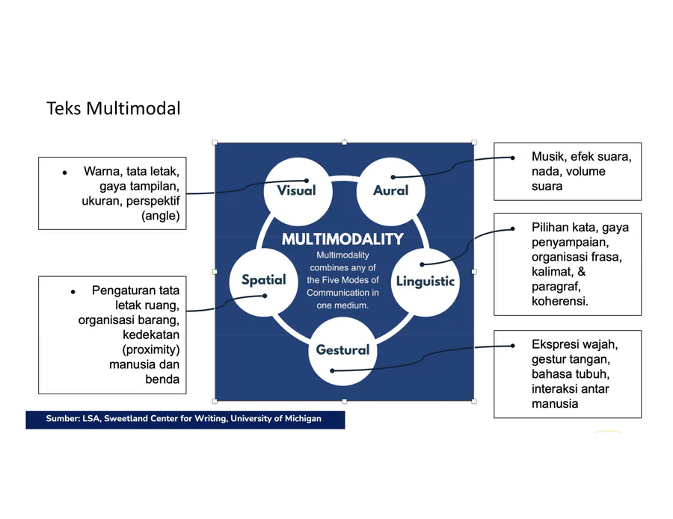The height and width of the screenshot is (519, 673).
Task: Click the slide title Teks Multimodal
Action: pyautogui.click(x=114, y=108)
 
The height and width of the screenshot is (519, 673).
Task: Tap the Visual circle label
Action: pyautogui.click(x=296, y=190)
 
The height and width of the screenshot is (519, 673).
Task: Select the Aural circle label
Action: pyautogui.click(x=390, y=190)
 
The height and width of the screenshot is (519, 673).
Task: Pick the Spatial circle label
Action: pyautogui.click(x=263, y=280)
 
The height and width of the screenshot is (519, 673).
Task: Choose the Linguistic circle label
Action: pyautogui.click(x=425, y=281)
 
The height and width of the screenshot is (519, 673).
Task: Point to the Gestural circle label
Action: pyautogui.click(x=342, y=349)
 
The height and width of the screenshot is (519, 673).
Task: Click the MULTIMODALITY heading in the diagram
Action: pyautogui.click(x=342, y=239)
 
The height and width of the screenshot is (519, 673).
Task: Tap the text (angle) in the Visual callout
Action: pyautogui.click(x=161, y=216)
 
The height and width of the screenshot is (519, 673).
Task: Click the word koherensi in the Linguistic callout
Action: pyautogui.click(x=559, y=301)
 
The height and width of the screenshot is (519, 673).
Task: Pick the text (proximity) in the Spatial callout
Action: pyautogui.click(x=150, y=349)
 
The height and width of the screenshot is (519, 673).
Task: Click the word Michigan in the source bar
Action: pyautogui.click(x=303, y=419)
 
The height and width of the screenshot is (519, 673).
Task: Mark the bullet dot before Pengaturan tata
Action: pyautogui.click(x=73, y=292)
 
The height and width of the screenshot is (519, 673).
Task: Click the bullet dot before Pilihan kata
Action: pyautogui.click(x=512, y=229)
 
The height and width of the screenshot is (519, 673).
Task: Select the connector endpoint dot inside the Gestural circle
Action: pyautogui.click(x=332, y=370)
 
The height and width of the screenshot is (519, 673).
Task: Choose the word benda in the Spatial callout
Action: pyautogui.click(x=162, y=379)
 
